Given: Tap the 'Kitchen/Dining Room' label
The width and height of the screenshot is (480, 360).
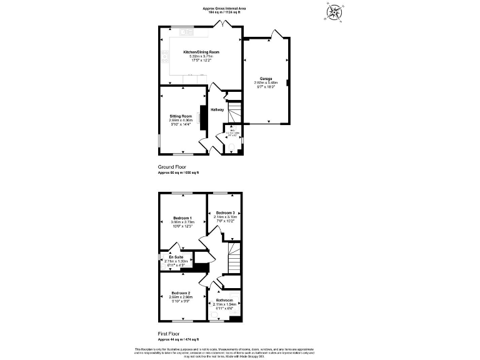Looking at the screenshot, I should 201,52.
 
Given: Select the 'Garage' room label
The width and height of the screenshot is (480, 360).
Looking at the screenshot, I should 266,79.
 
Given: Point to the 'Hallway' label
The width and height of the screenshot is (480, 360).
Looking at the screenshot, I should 217,110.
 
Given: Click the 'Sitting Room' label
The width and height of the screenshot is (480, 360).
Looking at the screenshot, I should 181,116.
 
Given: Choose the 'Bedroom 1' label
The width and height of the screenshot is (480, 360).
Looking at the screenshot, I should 183,217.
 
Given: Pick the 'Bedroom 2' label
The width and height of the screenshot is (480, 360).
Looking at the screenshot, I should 181,293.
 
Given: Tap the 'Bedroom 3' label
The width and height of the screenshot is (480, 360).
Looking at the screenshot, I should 224,213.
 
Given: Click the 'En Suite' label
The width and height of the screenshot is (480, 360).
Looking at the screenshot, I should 174,257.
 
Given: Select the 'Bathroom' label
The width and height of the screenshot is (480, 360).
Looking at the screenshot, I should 224,300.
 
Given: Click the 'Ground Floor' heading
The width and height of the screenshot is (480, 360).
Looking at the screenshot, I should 172,167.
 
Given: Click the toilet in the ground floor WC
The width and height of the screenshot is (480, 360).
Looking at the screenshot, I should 231,147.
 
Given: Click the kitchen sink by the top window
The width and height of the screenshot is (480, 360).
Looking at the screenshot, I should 187,31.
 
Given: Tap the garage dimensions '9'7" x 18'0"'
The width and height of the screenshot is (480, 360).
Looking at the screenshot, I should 265,86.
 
